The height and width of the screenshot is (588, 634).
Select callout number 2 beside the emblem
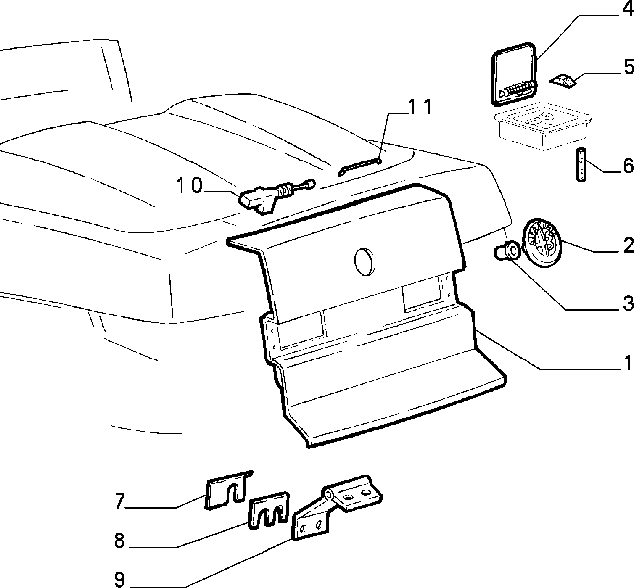click(x=628, y=246)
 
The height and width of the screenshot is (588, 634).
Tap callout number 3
click(x=628, y=303)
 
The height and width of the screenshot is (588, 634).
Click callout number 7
click(x=119, y=501)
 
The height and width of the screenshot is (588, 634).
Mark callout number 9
click(x=119, y=579)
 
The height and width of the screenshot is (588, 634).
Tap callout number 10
click(x=190, y=185)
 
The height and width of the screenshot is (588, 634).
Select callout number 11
click(x=420, y=107)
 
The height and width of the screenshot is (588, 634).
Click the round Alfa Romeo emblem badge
click(x=542, y=243)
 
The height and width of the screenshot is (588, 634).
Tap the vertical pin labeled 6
click(x=581, y=164)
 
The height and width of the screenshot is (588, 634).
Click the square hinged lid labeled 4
click(x=514, y=74)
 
